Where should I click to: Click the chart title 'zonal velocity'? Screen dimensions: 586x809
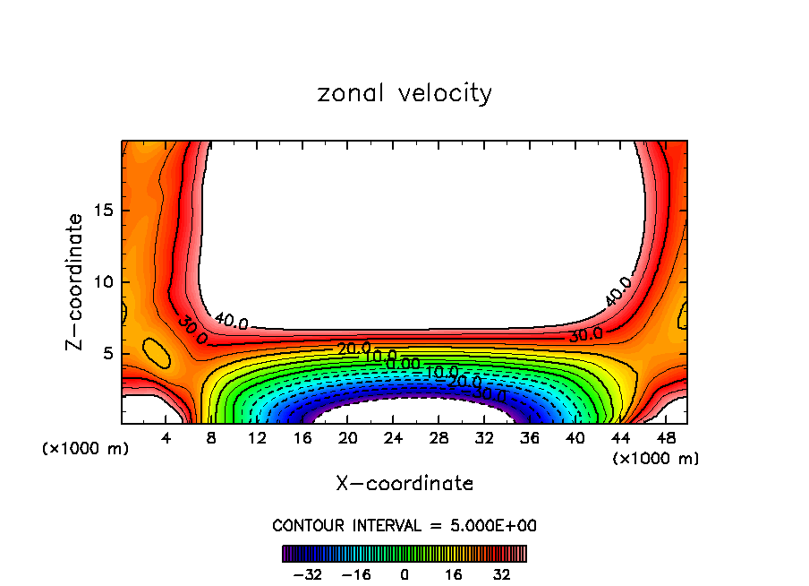pos(404,93)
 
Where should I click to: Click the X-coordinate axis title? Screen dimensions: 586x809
pos(404,484)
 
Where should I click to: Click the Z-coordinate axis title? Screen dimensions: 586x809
pos(75,281)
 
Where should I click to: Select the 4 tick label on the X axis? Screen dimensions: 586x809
pos(166,438)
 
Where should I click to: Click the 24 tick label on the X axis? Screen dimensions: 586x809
pos(393,438)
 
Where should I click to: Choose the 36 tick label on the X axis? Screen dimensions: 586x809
pos(529,438)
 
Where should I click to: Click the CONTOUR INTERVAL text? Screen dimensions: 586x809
pos(404,526)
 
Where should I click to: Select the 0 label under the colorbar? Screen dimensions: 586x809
pos(404,573)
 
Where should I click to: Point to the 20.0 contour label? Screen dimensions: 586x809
pos(352,348)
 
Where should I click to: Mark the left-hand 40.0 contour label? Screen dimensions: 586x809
pos(231,321)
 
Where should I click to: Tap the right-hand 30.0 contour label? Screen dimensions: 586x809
pos(586,335)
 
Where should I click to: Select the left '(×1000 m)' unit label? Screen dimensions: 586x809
pos(86,449)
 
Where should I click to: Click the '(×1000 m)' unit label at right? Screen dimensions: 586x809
pos(656,459)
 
